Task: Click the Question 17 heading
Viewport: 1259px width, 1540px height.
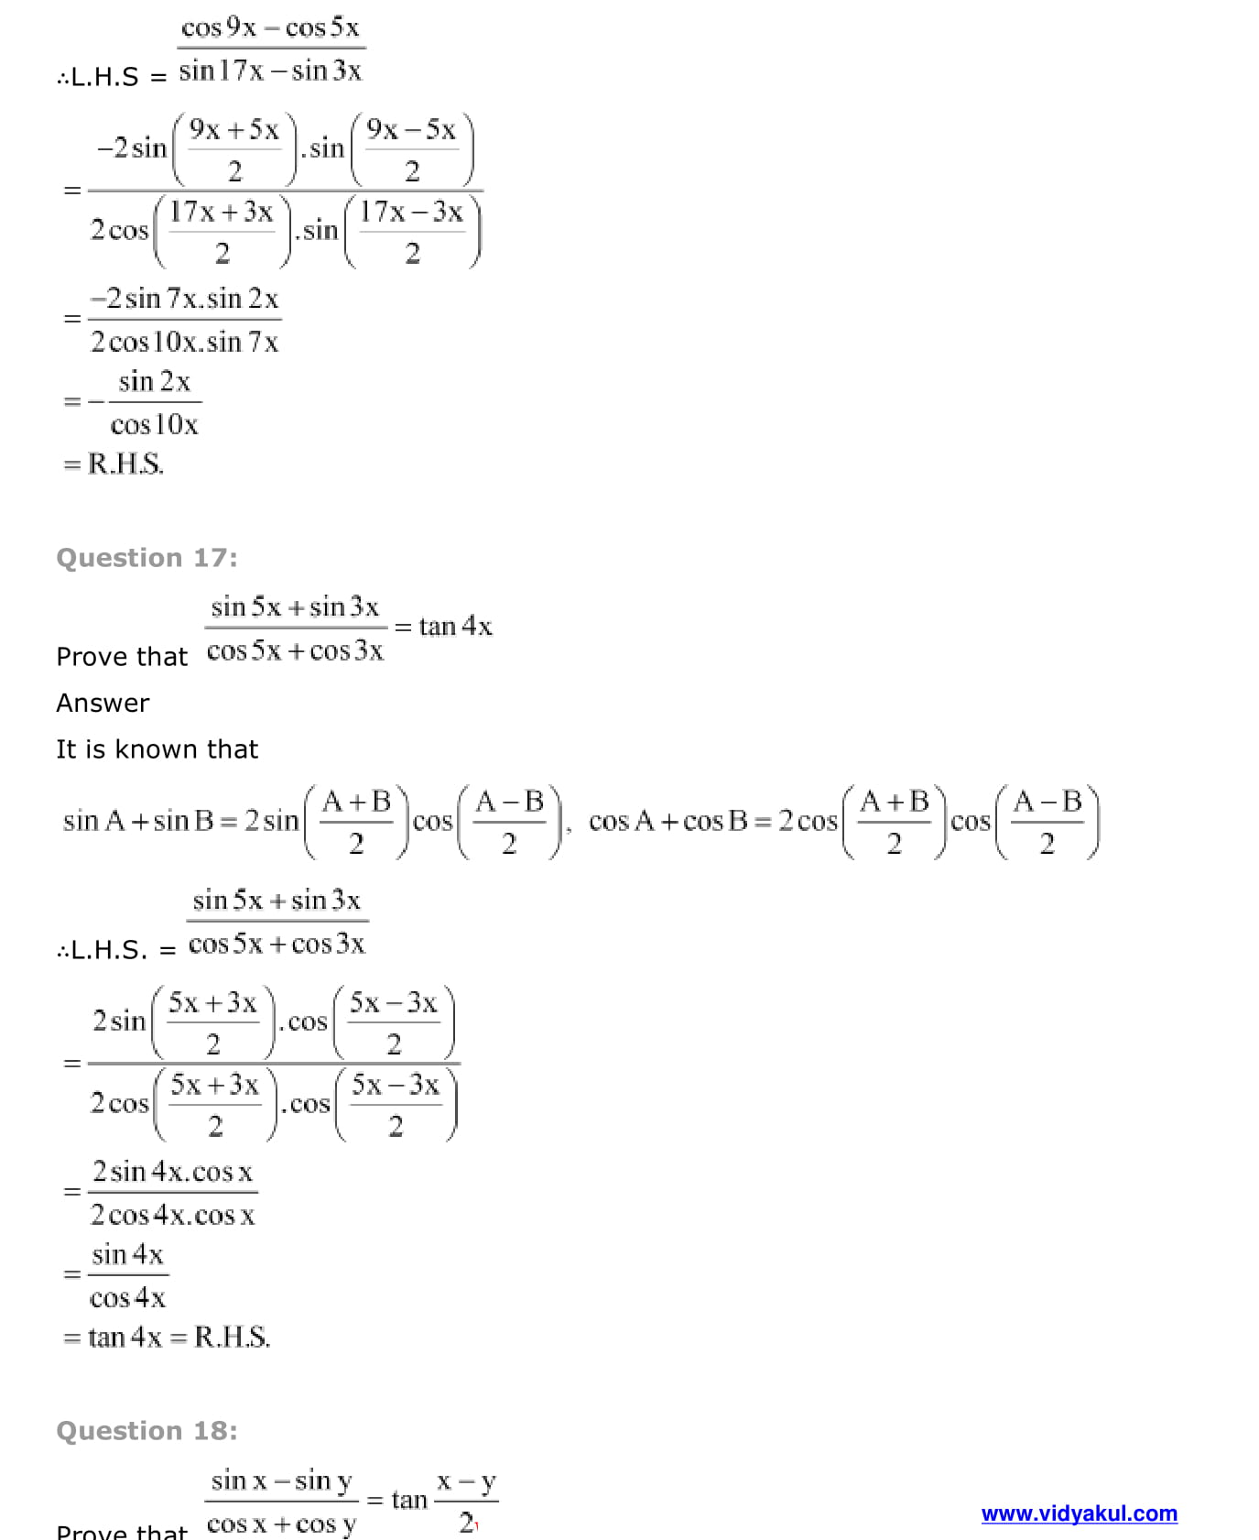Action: [147, 557]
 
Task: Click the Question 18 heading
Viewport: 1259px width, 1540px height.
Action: [147, 1430]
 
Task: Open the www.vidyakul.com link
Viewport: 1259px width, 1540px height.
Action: [1079, 1513]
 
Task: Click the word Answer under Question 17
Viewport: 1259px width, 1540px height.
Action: [103, 703]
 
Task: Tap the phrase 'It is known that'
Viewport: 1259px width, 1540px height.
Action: [157, 749]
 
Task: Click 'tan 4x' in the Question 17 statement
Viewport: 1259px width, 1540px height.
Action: [455, 627]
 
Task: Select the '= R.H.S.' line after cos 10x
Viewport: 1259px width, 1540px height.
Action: [114, 464]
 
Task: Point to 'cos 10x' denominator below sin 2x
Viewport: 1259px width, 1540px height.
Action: [154, 425]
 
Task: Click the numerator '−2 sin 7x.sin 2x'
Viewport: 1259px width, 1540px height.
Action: [184, 299]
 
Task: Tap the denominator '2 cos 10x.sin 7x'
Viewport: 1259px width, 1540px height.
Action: [184, 343]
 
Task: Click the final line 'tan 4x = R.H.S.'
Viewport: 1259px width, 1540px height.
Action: [167, 1338]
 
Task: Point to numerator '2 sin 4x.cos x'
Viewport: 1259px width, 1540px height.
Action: [172, 1172]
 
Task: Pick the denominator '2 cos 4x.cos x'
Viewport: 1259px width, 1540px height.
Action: [172, 1216]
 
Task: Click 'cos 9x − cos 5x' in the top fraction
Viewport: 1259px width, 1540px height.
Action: [270, 27]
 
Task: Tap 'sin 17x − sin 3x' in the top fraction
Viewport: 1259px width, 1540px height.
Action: [270, 71]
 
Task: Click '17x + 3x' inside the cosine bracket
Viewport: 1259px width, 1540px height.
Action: [221, 213]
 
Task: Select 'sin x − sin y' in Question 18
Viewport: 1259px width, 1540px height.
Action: [281, 1480]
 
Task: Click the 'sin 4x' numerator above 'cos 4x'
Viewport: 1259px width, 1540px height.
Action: [127, 1254]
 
